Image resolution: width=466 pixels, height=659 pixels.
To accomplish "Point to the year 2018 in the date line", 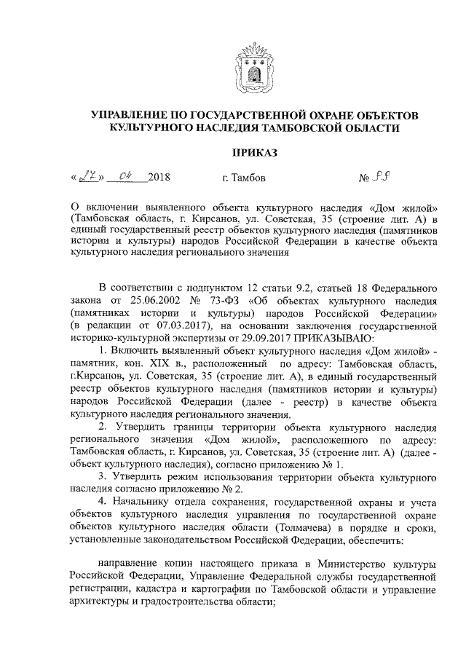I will coord(159,177).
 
